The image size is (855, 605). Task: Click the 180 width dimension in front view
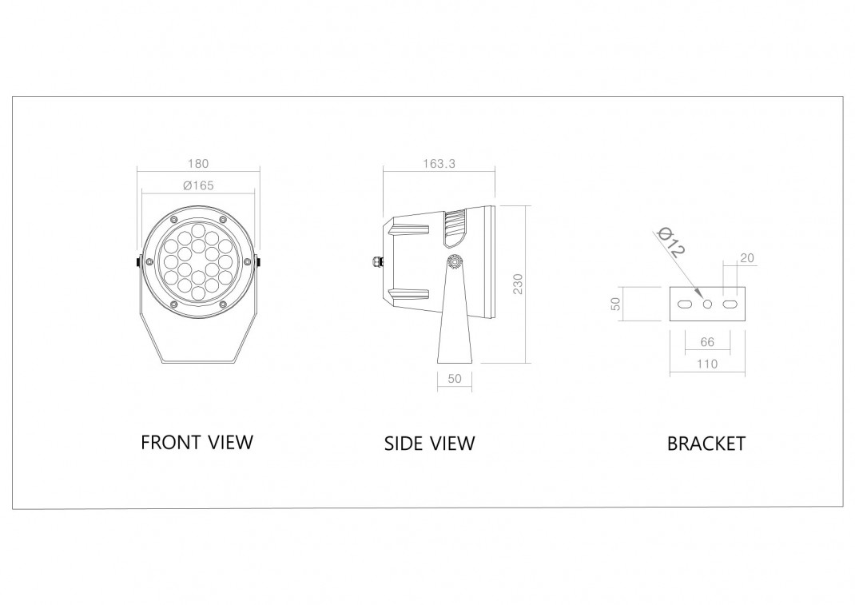[x=198, y=164]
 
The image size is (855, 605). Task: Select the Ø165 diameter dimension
[x=198, y=185]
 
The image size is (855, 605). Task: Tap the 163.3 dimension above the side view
[x=439, y=164]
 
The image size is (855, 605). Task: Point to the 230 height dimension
[x=518, y=285]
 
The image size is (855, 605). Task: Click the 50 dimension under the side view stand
[x=455, y=379]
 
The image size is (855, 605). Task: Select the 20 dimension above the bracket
[x=747, y=258]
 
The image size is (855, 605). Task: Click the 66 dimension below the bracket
[x=707, y=342]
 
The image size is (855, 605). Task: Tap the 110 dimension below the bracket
[x=707, y=364]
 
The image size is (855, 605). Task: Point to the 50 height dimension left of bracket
[x=615, y=304]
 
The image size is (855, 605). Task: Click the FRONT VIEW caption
[x=197, y=442]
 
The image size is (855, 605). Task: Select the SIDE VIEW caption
[x=429, y=444]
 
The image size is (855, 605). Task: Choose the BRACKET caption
[x=706, y=444]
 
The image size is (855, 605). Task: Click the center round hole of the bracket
[x=707, y=304]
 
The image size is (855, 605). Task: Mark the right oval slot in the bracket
[x=730, y=304]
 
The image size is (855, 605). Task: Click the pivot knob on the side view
[x=455, y=261]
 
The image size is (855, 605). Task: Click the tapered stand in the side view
[x=454, y=328]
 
